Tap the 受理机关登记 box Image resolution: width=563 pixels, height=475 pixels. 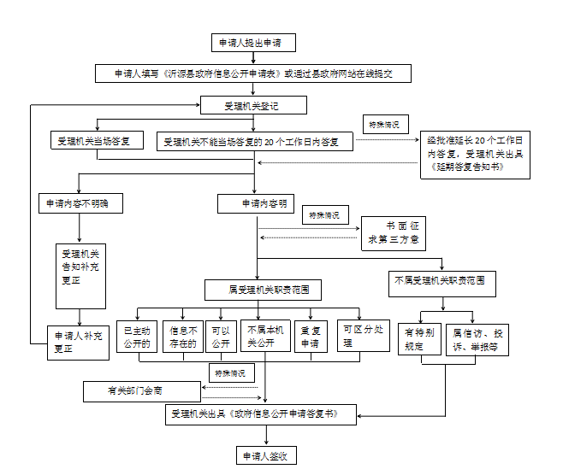coord(252,106)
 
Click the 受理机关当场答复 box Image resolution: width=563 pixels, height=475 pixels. coord(99,142)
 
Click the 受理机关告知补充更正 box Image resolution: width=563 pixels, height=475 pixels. coord(80,276)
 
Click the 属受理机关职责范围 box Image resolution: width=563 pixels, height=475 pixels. coord(264,290)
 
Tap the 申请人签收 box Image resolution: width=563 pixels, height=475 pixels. coord(265,455)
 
